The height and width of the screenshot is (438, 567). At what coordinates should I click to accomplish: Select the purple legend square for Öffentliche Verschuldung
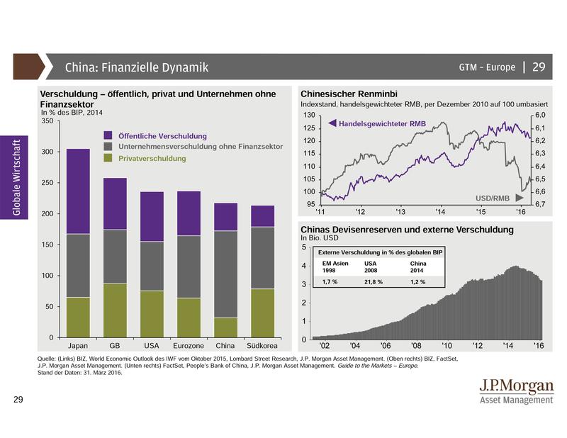108,135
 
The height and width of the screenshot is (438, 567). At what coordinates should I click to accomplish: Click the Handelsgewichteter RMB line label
372,124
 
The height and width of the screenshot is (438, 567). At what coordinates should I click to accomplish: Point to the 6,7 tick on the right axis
540,204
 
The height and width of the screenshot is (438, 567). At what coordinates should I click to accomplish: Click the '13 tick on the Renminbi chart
400,212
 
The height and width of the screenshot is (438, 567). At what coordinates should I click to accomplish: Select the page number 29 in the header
538,67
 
